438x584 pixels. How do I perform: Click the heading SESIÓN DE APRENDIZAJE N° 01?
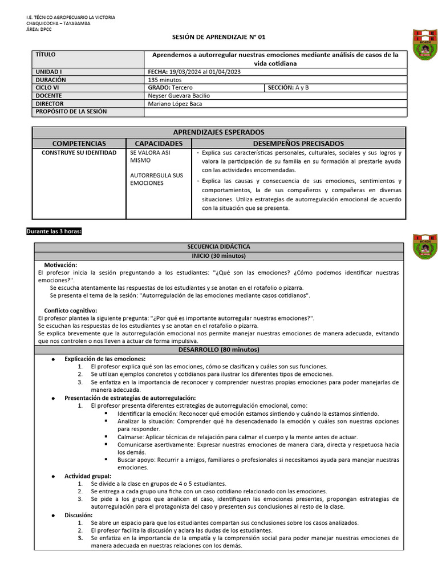(x=219, y=36)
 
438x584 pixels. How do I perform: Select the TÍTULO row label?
(x=46, y=55)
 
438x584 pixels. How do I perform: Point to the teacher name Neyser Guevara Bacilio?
(x=179, y=96)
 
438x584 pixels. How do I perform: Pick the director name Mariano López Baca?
(x=175, y=104)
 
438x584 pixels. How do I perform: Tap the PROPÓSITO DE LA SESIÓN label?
(x=71, y=112)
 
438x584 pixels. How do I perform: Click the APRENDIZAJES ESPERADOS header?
(x=220, y=132)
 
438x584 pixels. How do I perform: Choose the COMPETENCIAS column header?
(x=79, y=144)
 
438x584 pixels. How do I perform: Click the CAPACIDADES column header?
(x=159, y=144)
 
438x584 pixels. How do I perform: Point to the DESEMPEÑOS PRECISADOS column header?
(x=298, y=144)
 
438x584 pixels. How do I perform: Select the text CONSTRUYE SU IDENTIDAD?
(x=79, y=153)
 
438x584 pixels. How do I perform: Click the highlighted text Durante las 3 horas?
(x=54, y=231)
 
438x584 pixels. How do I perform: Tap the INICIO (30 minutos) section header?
(x=219, y=256)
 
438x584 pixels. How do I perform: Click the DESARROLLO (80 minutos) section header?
(x=219, y=349)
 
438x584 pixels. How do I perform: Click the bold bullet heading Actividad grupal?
(x=87, y=476)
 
